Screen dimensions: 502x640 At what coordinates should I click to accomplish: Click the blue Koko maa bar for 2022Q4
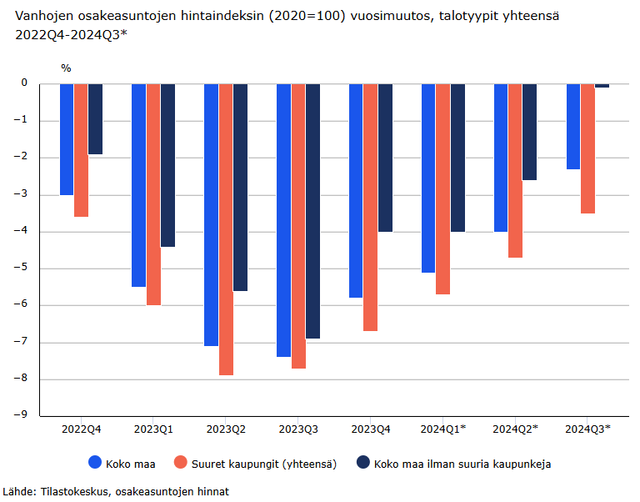[x=67, y=139]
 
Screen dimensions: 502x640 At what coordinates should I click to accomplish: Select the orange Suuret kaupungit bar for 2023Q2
[x=226, y=229]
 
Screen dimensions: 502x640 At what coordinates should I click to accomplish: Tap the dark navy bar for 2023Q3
[x=312, y=211]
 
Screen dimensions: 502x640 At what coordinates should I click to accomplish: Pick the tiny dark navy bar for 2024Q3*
[x=602, y=85]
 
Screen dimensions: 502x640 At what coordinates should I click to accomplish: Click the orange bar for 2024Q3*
[x=587, y=148]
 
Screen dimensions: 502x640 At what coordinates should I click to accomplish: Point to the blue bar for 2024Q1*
[x=428, y=178]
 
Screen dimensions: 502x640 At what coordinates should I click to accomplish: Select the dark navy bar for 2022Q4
[x=95, y=119]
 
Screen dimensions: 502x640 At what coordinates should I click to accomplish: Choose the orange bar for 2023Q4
[x=370, y=207]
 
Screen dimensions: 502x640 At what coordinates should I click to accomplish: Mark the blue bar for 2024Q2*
[x=501, y=158]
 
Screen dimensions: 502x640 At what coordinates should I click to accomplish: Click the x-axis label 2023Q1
[x=153, y=429]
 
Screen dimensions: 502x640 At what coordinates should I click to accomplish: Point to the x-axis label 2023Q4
[x=371, y=429]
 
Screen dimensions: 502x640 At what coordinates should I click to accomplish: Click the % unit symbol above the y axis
[x=66, y=68]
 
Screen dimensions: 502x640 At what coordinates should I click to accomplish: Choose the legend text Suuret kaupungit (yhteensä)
[x=264, y=464]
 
